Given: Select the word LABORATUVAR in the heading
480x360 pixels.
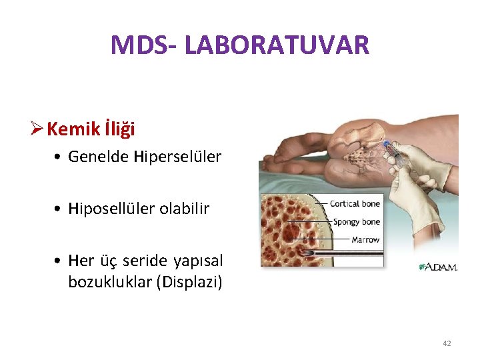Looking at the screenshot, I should [277, 45].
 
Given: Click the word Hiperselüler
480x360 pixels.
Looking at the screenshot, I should [177, 157].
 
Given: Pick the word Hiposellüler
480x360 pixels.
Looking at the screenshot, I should [112, 209].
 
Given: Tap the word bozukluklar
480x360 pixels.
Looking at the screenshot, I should [109, 281].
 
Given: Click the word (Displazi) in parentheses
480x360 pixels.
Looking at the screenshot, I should [189, 281].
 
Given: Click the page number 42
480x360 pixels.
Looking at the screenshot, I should [446, 343].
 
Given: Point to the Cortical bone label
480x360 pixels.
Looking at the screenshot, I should [355, 203].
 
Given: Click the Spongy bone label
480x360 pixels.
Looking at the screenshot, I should [356, 221].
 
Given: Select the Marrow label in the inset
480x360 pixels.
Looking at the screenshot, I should [365, 239].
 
